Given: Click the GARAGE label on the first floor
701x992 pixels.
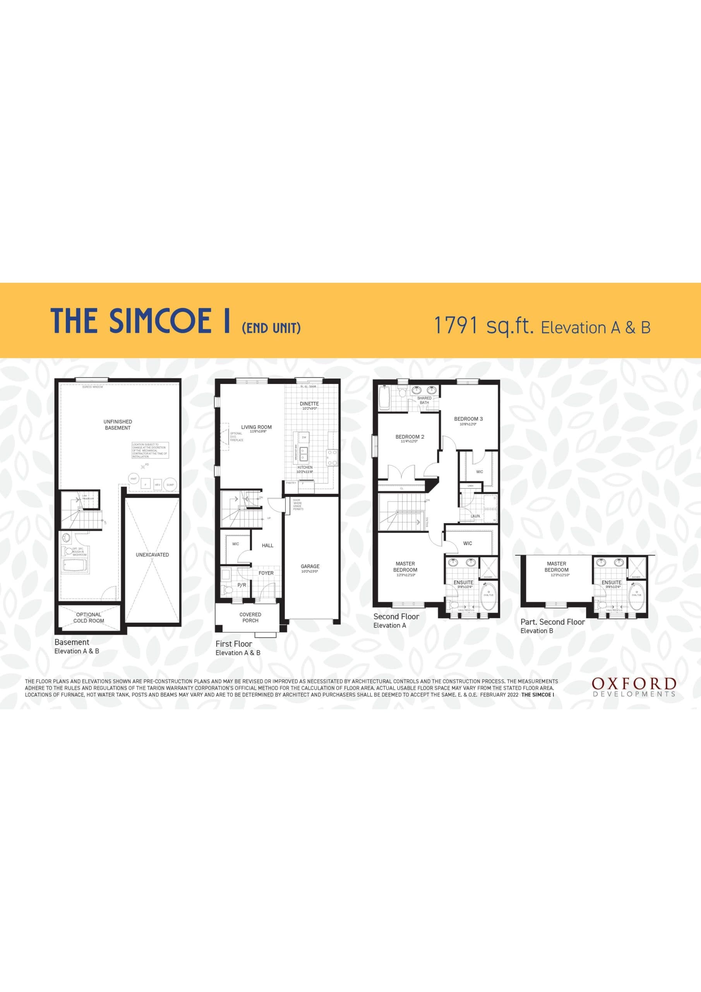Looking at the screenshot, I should [310, 566].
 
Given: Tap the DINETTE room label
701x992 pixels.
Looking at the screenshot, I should [309, 403].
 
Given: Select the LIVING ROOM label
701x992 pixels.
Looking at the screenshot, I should [256, 427].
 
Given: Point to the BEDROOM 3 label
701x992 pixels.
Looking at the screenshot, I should [468, 418].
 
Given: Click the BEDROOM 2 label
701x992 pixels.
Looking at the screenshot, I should [410, 437].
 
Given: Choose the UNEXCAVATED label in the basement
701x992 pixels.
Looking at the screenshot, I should [153, 555].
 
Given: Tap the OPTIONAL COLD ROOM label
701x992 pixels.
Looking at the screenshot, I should [89, 617].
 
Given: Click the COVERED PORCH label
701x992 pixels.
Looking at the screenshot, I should [250, 617].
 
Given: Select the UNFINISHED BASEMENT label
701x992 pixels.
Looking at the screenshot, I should [118, 425].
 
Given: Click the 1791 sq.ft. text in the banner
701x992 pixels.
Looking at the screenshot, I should [483, 326].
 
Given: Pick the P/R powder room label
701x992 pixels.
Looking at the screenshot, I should [242, 585].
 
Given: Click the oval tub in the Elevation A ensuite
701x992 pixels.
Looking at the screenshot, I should [488, 597].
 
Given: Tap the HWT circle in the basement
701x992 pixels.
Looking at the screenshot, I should [134, 479].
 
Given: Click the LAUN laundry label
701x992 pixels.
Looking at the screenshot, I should [475, 516].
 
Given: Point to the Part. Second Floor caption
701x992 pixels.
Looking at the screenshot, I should [552, 622].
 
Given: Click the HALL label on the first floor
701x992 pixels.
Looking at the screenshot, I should [267, 546].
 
